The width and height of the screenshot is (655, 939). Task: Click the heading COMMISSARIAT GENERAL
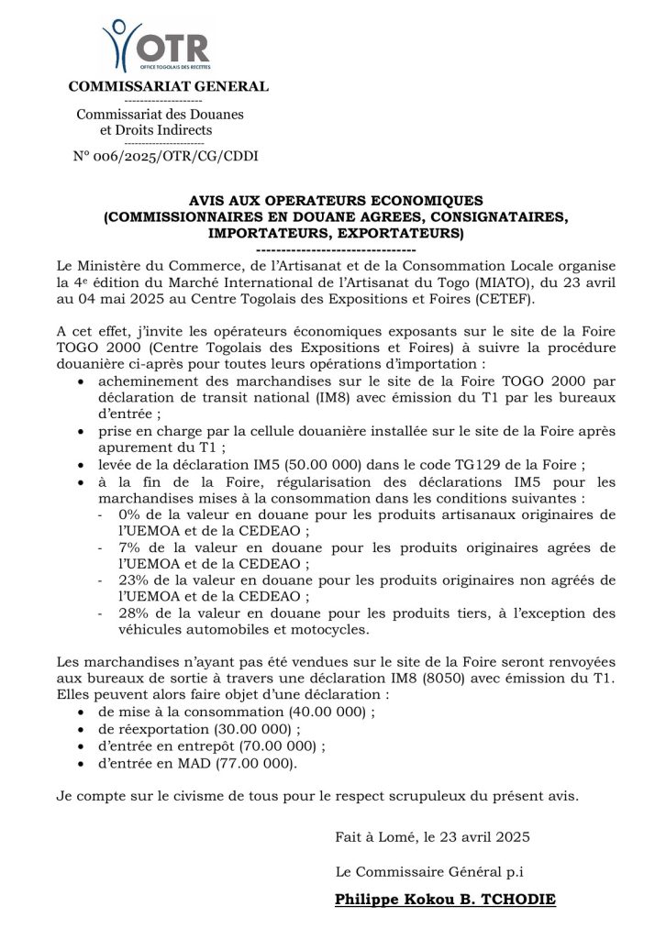point(169,87)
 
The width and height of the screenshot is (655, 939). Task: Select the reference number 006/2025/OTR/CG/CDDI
point(172,156)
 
